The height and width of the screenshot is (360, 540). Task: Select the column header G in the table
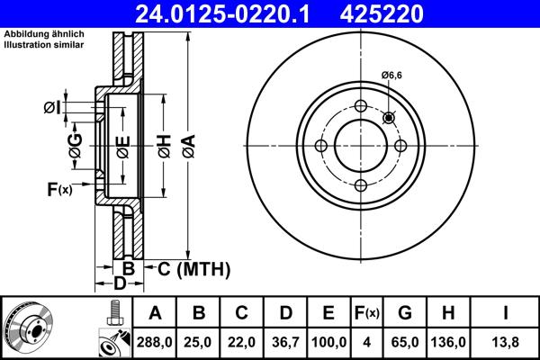(406, 313)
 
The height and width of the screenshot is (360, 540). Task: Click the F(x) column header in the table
(367, 313)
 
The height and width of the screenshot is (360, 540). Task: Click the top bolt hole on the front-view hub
(361, 107)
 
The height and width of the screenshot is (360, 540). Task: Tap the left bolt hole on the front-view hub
(320, 147)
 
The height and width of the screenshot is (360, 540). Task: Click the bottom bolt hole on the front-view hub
(361, 186)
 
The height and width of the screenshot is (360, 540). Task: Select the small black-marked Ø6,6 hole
(389, 118)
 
